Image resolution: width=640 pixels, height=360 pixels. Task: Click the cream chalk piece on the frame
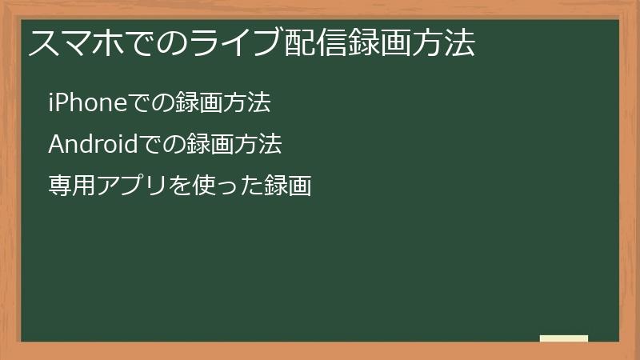564,338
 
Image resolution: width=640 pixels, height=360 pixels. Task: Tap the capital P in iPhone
62,103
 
